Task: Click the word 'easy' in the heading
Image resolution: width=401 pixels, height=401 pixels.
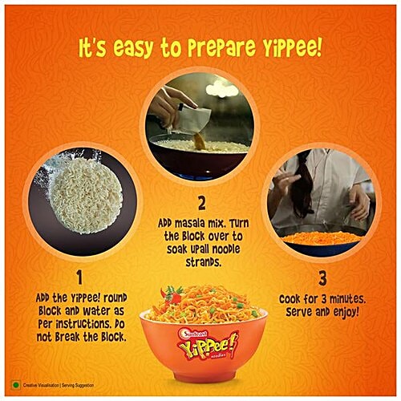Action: [128, 48]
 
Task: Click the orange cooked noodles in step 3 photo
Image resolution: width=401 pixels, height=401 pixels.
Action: [321, 237]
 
